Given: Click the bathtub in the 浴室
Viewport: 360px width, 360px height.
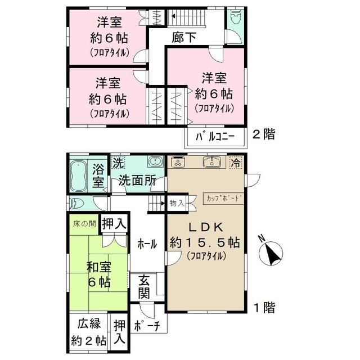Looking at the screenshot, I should coord(79,175).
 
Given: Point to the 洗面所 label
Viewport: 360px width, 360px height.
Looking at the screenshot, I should coord(137,181).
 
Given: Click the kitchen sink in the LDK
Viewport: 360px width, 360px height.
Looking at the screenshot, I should coord(212,163).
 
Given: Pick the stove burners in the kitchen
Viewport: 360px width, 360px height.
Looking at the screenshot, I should coord(177,163).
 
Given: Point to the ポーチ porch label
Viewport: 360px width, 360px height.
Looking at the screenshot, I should coord(148,325).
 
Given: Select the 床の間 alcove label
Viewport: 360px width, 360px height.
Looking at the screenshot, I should coord(83,224).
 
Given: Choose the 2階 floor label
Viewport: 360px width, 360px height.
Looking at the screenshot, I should coord(264,135).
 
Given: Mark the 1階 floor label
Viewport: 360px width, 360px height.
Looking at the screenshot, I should coord(264,308).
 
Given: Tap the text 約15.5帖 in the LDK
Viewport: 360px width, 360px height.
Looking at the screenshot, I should coord(206,243).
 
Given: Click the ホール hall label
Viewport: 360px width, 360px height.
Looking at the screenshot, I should coord(148,244).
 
